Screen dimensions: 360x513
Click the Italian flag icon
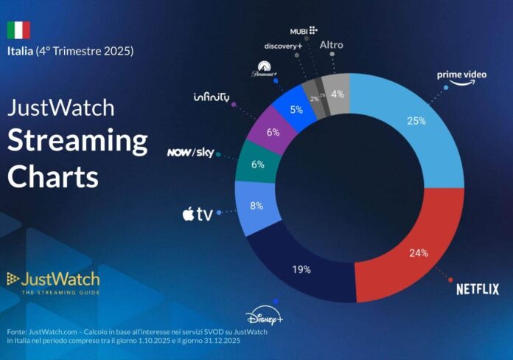click(18, 30)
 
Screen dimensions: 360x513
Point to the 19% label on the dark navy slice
click(300, 270)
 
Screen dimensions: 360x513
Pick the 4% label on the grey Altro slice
click(337, 94)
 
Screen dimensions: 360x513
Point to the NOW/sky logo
click(189, 153)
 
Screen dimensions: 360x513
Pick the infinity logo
click(212, 97)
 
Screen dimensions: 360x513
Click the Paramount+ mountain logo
click(263, 70)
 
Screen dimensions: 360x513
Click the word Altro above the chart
click(331, 45)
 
